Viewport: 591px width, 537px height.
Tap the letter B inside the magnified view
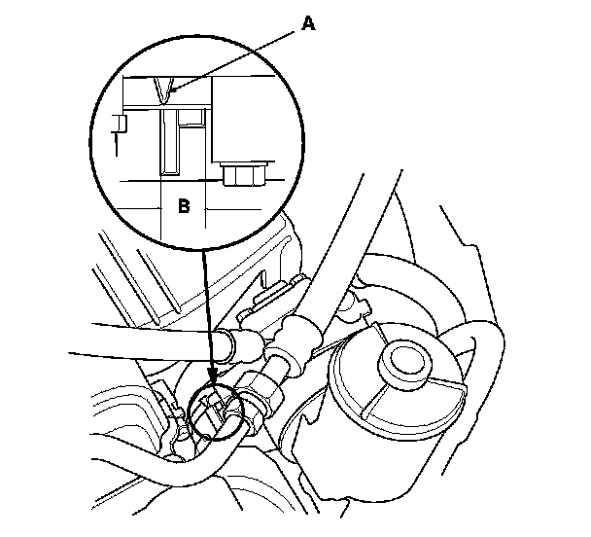pyautogui.click(x=184, y=205)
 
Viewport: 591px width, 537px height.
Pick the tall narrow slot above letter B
pyautogui.click(x=170, y=141)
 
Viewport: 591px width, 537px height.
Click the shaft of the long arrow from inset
pyautogui.click(x=207, y=311)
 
